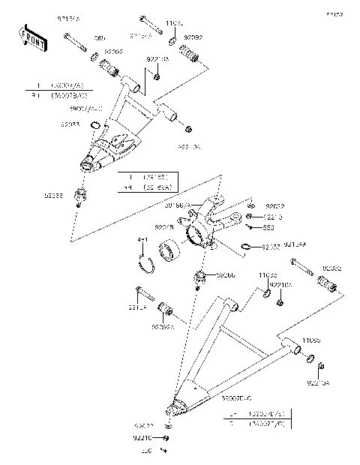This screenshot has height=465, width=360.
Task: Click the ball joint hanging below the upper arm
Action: pyautogui.click(x=79, y=196)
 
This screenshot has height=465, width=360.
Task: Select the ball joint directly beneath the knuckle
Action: pyautogui.click(x=200, y=279)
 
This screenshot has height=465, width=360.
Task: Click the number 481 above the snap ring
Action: pyautogui.click(x=142, y=240)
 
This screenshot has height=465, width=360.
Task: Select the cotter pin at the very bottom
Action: pyautogui.click(x=161, y=451)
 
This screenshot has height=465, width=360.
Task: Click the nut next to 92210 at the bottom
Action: pyautogui.click(x=166, y=437)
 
